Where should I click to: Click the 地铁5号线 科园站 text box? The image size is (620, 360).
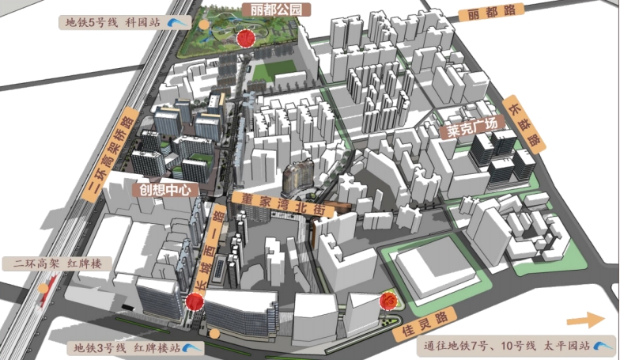click(x=114, y=22)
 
